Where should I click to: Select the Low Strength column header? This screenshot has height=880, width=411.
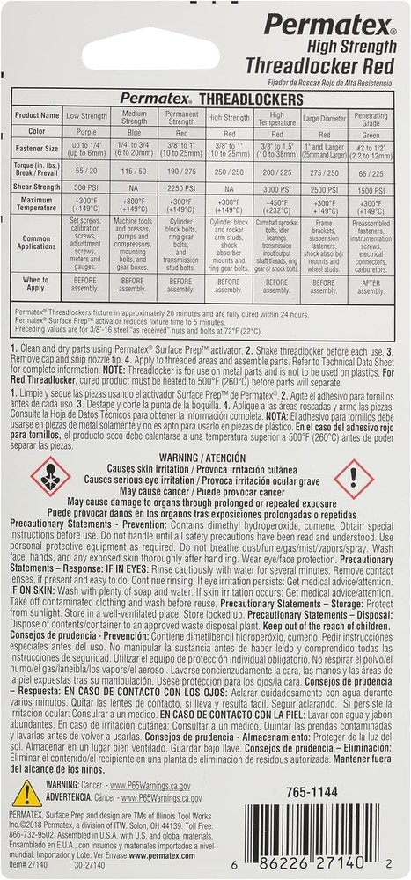85,115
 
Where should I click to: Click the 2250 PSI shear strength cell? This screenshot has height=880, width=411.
180,187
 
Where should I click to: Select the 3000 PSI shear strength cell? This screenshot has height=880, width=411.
276,187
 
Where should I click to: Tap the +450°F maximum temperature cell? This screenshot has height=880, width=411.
276,205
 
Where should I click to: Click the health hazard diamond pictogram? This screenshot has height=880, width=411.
50,478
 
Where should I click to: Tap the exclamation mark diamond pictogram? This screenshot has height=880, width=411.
354,479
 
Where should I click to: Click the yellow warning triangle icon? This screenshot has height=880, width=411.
26,793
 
